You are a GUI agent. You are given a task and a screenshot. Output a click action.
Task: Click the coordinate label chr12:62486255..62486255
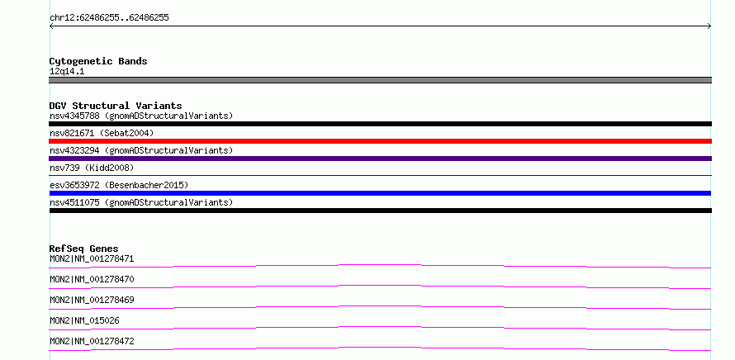[x=109, y=18]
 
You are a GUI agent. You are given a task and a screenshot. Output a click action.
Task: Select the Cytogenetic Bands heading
[x=98, y=61]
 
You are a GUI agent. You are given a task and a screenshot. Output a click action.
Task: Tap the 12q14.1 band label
[x=67, y=72]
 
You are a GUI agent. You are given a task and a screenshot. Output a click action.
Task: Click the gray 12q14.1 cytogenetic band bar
[x=380, y=80]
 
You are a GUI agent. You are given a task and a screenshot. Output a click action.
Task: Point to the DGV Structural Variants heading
[x=116, y=106]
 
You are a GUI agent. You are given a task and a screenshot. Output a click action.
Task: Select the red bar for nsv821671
[x=380, y=141]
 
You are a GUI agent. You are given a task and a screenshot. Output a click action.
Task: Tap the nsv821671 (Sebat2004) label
[x=102, y=133]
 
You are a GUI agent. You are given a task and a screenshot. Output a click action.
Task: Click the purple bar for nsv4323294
[x=380, y=159]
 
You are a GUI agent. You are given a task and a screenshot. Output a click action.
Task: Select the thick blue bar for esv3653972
[x=380, y=193]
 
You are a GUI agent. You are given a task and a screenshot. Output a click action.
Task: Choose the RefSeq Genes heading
[x=84, y=249]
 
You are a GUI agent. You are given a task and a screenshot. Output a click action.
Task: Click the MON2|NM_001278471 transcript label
[x=92, y=258]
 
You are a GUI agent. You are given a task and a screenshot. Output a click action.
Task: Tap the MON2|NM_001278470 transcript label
[x=92, y=279]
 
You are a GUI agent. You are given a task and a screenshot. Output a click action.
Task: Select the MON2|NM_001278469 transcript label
[x=92, y=300]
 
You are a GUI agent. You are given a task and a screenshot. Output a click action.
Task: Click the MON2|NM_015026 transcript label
[x=84, y=320]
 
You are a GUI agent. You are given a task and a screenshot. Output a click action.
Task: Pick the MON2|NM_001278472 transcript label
[x=92, y=341]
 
